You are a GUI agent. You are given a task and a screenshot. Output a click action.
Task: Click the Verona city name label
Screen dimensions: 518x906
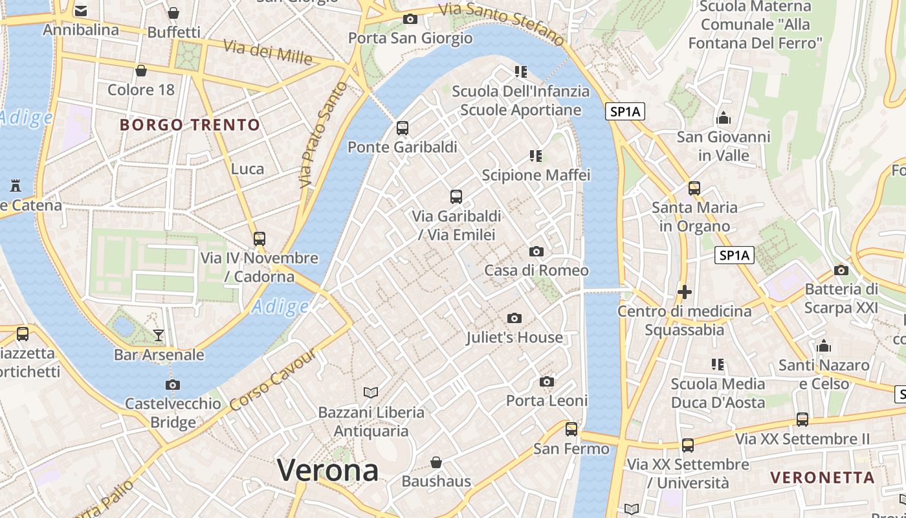(328, 470)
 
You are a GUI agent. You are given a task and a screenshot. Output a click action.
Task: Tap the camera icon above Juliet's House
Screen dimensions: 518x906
(514, 318)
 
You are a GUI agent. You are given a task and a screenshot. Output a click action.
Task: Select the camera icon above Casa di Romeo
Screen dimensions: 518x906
(536, 251)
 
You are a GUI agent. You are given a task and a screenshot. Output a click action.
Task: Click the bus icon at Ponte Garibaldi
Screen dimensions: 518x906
(403, 128)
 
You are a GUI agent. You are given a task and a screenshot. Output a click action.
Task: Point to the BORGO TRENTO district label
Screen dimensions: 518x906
(190, 125)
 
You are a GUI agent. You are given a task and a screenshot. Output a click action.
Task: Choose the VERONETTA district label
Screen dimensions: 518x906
(822, 478)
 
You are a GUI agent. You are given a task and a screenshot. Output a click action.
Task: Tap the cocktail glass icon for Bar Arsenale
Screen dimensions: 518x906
(159, 335)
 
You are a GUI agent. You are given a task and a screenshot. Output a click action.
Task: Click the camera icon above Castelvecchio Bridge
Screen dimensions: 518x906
(173, 385)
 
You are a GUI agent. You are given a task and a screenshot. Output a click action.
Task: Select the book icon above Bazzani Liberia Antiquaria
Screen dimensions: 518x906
(371, 392)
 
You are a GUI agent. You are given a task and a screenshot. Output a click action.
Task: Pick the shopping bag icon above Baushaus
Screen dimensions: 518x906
(436, 462)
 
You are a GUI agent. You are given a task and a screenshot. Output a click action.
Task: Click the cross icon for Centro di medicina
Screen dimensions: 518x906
(684, 292)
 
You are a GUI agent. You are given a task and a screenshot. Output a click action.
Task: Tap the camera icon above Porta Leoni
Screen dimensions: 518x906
(547, 381)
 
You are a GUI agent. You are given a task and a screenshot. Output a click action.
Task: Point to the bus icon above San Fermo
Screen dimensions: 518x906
(571, 429)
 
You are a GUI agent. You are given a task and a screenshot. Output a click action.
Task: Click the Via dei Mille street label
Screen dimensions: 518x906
(268, 52)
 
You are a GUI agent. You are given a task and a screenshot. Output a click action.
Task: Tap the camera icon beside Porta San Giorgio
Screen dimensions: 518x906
(410, 19)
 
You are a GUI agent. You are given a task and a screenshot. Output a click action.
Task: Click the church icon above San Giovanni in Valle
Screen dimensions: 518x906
(724, 118)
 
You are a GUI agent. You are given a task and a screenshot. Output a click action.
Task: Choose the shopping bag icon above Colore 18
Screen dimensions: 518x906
(141, 70)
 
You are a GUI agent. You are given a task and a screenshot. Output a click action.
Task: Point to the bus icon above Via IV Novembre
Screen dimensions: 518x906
(260, 238)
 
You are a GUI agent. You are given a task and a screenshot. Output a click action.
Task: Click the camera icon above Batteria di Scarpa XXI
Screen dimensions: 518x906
(841, 270)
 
